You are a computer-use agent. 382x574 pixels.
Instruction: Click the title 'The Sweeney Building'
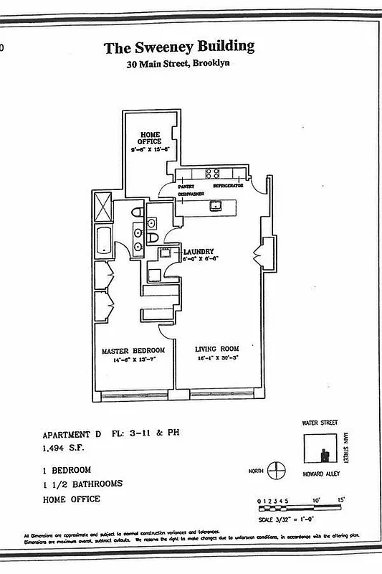click(x=178, y=48)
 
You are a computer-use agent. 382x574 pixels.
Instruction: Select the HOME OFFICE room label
click(x=150, y=138)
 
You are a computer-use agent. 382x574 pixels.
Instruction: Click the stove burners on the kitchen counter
click(x=212, y=172)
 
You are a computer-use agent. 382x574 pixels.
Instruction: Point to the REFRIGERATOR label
click(x=228, y=185)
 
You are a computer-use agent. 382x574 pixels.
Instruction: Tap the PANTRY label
click(x=186, y=185)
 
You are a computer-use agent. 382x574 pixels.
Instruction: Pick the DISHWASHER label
click(x=191, y=193)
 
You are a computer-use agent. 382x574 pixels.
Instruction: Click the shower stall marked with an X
click(x=104, y=207)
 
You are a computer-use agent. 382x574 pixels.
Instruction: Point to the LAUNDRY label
click(x=198, y=251)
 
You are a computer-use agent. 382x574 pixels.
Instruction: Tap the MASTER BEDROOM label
click(x=133, y=350)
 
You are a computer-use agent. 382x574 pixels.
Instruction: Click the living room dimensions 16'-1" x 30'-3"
click(x=217, y=358)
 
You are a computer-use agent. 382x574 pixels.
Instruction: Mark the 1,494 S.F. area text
click(x=63, y=449)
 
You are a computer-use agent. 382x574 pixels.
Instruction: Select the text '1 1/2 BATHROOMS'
click(x=82, y=484)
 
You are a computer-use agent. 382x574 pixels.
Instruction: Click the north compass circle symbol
click(x=276, y=472)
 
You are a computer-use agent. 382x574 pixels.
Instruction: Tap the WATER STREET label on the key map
click(x=319, y=423)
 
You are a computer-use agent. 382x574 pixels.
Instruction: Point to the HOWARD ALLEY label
click(x=320, y=475)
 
